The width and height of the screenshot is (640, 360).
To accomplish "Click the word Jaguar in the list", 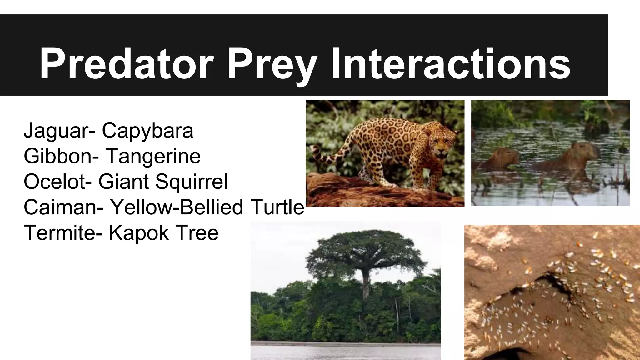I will pyautogui.click(x=56, y=131).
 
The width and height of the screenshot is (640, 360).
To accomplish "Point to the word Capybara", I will pyautogui.click(x=147, y=131).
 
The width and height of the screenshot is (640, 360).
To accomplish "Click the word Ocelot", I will pyautogui.click(x=55, y=182).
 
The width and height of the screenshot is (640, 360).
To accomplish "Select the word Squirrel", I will pyautogui.click(x=191, y=182).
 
